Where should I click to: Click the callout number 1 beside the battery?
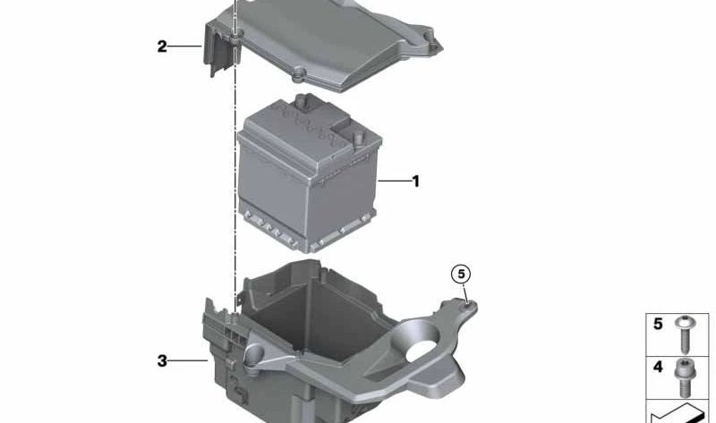pyautogui.click(x=415, y=182)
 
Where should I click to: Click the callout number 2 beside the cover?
pyautogui.click(x=162, y=47)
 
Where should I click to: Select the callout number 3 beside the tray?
pyautogui.click(x=162, y=361)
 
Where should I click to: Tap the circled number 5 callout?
pyautogui.click(x=461, y=275)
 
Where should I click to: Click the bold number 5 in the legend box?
pyautogui.click(x=658, y=324)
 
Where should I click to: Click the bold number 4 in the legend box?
pyautogui.click(x=658, y=367)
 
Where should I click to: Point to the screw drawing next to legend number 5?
pyautogui.click(x=685, y=334)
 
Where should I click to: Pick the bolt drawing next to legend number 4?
pyautogui.click(x=684, y=377)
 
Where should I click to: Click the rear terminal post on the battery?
pyautogui.click(x=301, y=101)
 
